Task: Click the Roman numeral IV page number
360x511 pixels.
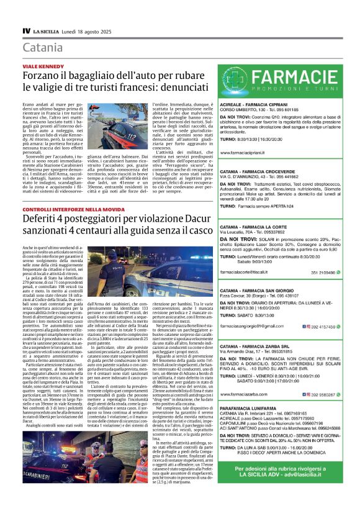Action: tap(25, 30)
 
